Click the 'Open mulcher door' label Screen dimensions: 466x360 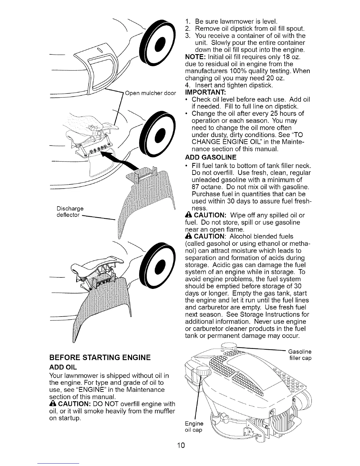(x=150, y=94)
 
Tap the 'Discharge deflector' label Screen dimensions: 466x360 (x=70, y=212)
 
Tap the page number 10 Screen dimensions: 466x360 (x=180, y=446)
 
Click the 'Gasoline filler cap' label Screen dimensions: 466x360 (x=299, y=355)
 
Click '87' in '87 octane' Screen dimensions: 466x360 (x=196, y=187)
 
